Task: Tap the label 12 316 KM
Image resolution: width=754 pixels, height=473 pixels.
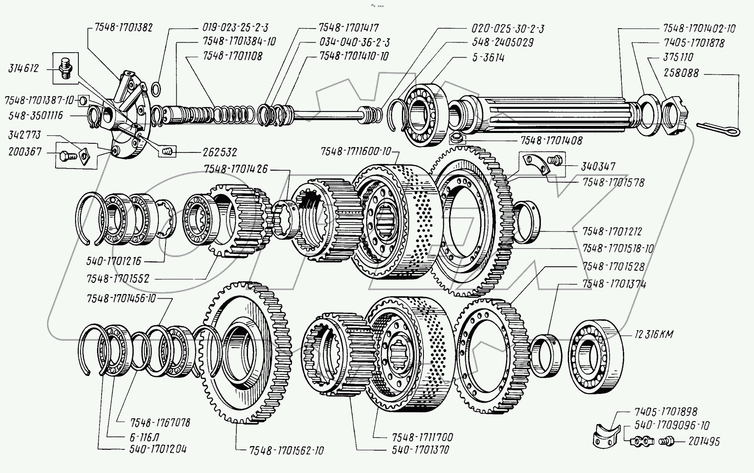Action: (653, 335)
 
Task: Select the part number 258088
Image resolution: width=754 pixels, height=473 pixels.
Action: (681, 73)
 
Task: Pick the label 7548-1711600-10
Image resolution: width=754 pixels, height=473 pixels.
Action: (355, 152)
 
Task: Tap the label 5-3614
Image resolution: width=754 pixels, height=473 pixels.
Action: (487, 58)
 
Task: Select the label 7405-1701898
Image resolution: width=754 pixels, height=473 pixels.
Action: (666, 412)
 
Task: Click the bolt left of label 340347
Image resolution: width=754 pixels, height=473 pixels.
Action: (555, 159)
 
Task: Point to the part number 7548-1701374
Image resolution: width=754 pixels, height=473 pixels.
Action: (614, 285)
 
